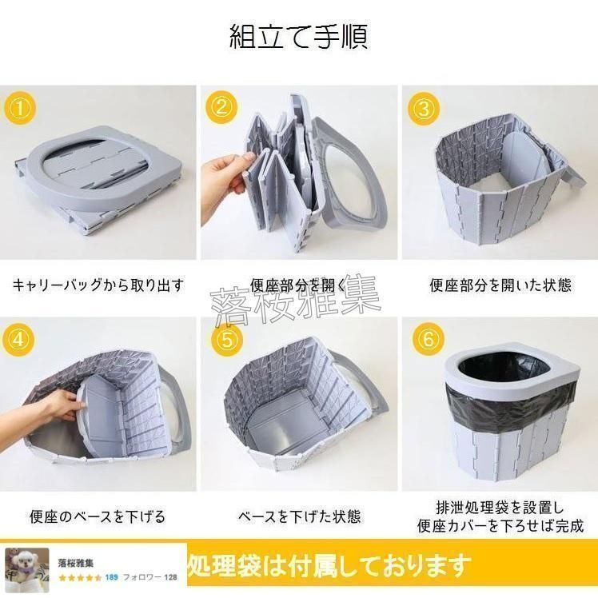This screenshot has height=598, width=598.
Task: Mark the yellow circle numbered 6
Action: coord(429,340)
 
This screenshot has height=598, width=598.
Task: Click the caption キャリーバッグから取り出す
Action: coord(98,285)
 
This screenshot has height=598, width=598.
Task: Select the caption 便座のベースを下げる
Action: coord(98,516)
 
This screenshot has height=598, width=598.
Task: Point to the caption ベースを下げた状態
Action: coord(298,516)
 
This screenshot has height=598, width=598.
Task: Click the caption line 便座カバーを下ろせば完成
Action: coord(499,526)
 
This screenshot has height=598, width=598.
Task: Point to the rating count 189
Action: coord(112,576)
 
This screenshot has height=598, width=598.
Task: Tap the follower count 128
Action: coord(170,576)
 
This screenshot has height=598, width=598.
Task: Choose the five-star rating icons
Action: coord(79,576)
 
